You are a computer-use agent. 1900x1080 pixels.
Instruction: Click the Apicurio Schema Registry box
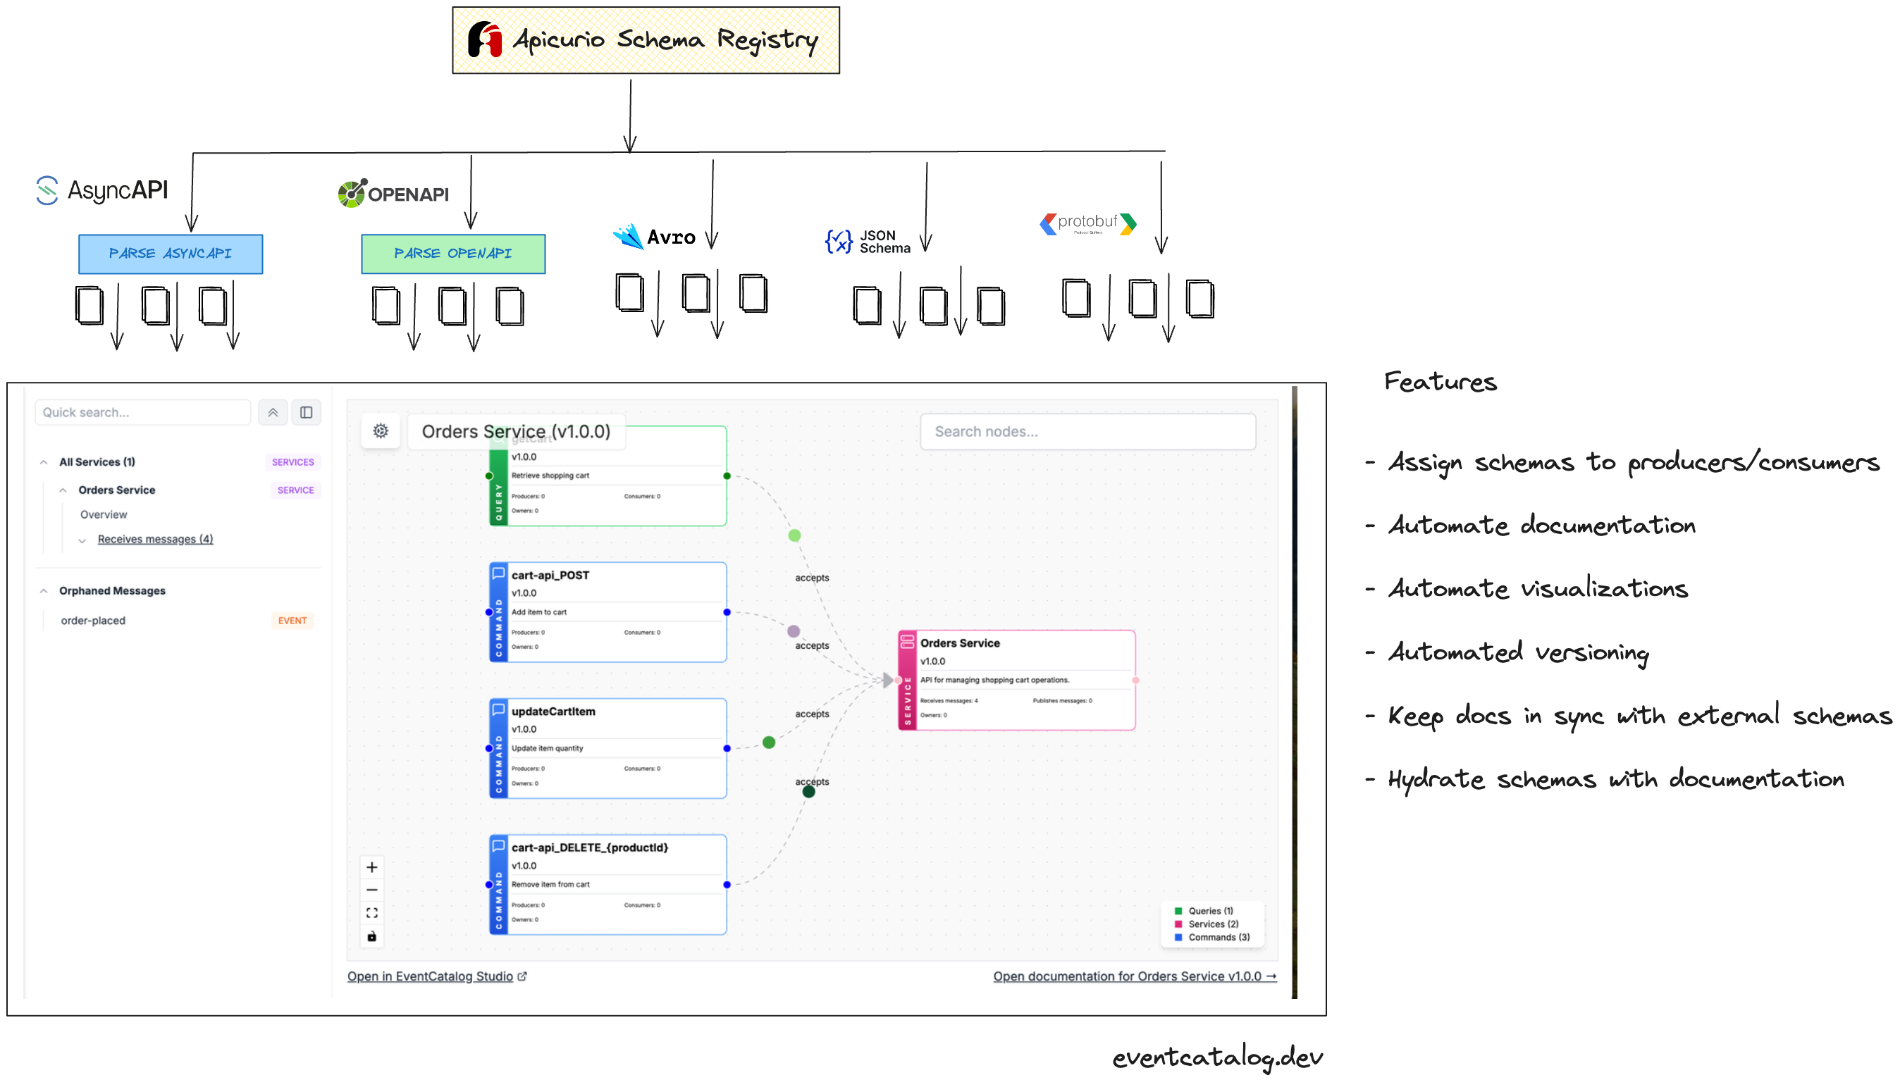646,40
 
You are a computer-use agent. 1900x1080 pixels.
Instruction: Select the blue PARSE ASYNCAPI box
170,254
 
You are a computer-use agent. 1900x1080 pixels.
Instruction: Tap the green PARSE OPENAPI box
452,254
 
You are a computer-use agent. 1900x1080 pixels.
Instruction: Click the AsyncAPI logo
102,190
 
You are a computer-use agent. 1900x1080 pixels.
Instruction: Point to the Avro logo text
671,237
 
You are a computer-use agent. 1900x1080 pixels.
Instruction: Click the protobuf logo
1087,223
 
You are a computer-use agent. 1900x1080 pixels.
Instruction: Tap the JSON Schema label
884,242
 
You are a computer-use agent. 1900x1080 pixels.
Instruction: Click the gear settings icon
381,431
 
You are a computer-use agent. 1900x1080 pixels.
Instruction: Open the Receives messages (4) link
155,539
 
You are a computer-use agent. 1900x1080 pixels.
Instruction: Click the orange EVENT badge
292,621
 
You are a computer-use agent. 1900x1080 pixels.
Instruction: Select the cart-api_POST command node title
550,576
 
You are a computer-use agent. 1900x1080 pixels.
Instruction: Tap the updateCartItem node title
553,712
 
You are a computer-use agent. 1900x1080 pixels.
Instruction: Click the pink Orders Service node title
959,643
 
